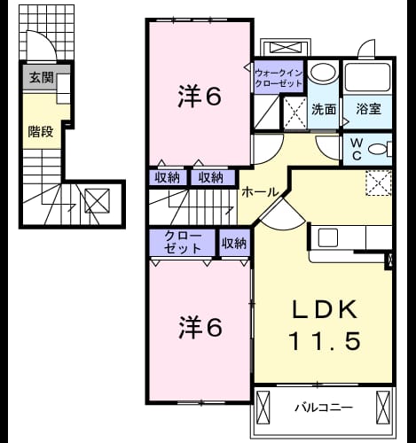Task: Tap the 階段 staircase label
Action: click(x=41, y=132)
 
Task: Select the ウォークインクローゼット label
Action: click(x=279, y=78)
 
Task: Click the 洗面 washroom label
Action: click(x=324, y=110)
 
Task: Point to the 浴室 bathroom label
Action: click(x=368, y=109)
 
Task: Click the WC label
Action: click(x=357, y=150)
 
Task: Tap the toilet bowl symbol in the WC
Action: click(x=378, y=150)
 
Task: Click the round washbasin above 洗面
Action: click(x=322, y=73)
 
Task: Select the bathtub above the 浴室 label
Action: click(x=367, y=76)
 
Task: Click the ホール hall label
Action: click(x=260, y=192)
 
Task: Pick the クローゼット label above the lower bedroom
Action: click(x=183, y=243)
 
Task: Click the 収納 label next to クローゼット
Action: click(x=234, y=244)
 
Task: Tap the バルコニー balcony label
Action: click(x=324, y=408)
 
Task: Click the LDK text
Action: click(x=325, y=309)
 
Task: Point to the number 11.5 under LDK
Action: click(x=325, y=340)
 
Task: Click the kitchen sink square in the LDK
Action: click(x=327, y=237)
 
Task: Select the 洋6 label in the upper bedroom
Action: click(x=200, y=97)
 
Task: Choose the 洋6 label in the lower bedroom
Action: click(x=200, y=328)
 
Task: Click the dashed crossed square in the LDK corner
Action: click(x=379, y=183)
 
